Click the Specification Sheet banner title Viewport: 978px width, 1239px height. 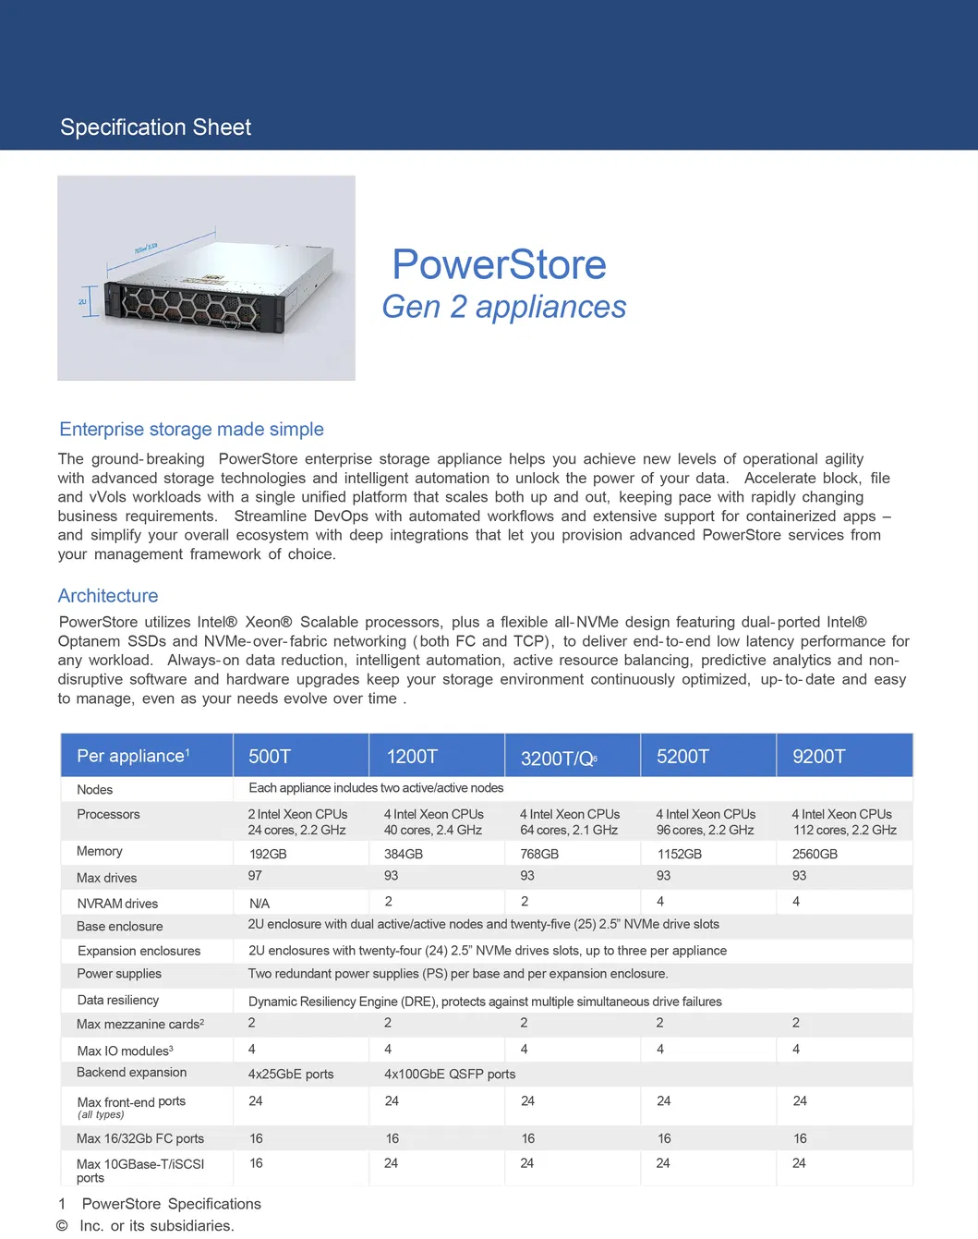[155, 128]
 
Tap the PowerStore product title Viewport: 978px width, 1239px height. [499, 265]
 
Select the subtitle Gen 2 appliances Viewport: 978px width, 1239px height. [504, 307]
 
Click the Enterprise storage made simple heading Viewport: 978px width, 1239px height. [191, 430]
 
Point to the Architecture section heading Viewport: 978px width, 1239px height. [108, 596]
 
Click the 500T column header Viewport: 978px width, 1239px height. [270, 757]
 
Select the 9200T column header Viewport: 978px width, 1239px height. [818, 757]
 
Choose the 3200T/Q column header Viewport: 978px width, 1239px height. [559, 759]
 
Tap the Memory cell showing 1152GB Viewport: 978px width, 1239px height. [679, 854]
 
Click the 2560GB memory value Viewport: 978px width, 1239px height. [815, 854]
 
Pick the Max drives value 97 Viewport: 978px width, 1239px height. [255, 876]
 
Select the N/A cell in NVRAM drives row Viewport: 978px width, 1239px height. [260, 904]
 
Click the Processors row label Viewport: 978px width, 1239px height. [108, 814]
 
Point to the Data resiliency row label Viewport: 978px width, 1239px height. [118, 1000]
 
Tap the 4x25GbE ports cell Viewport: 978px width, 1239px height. [291, 1074]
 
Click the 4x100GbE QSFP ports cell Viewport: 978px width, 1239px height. [450, 1074]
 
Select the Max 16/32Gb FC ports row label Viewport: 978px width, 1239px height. [140, 1138]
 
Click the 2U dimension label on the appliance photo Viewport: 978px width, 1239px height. [82, 301]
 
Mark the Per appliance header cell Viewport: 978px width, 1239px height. [133, 756]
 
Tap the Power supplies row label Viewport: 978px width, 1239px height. [119, 974]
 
